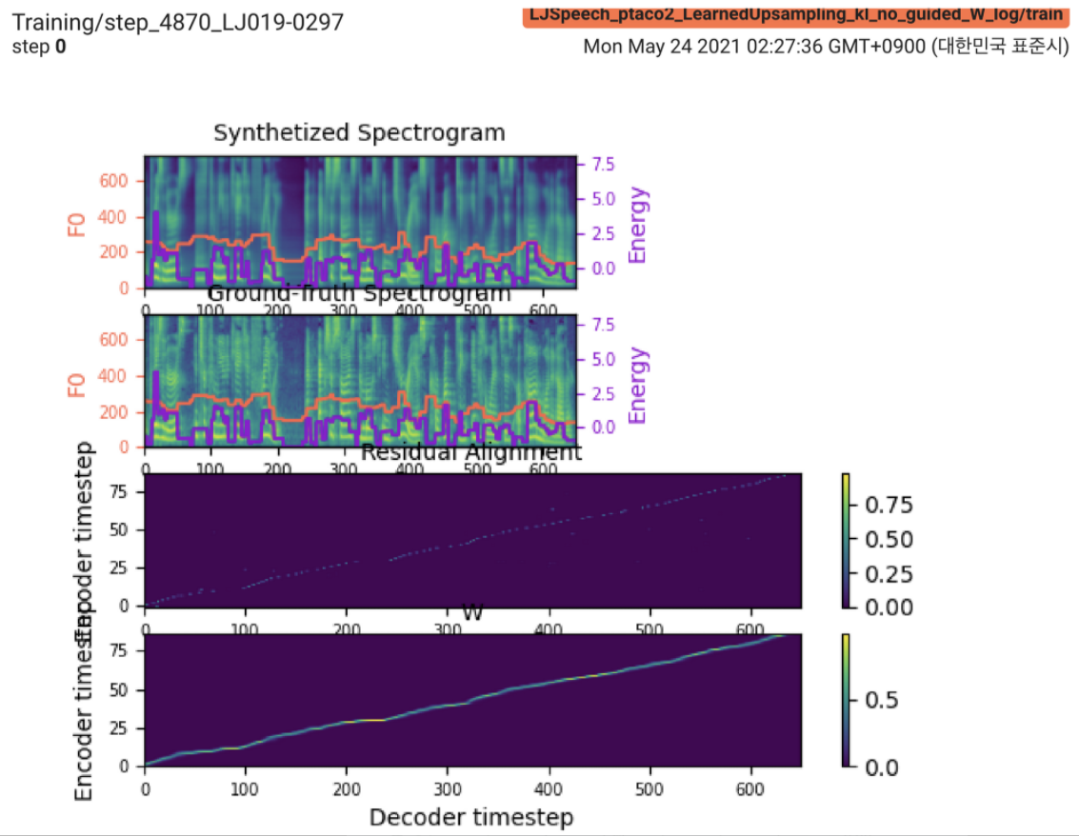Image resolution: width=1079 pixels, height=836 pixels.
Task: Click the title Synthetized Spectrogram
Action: pos(359,132)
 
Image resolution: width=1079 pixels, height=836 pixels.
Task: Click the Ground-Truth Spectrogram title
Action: pos(359,293)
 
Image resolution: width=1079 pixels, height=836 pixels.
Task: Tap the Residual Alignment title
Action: pos(471,453)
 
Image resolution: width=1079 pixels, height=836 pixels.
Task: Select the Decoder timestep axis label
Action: pos(471,817)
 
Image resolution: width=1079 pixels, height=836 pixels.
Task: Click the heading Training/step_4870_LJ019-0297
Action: pos(177,22)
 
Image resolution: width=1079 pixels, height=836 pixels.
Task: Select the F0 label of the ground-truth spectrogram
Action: pos(77,384)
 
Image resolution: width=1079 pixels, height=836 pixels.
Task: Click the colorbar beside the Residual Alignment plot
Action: pos(845,540)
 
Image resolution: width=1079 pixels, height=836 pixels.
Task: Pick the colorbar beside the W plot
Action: pos(845,700)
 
